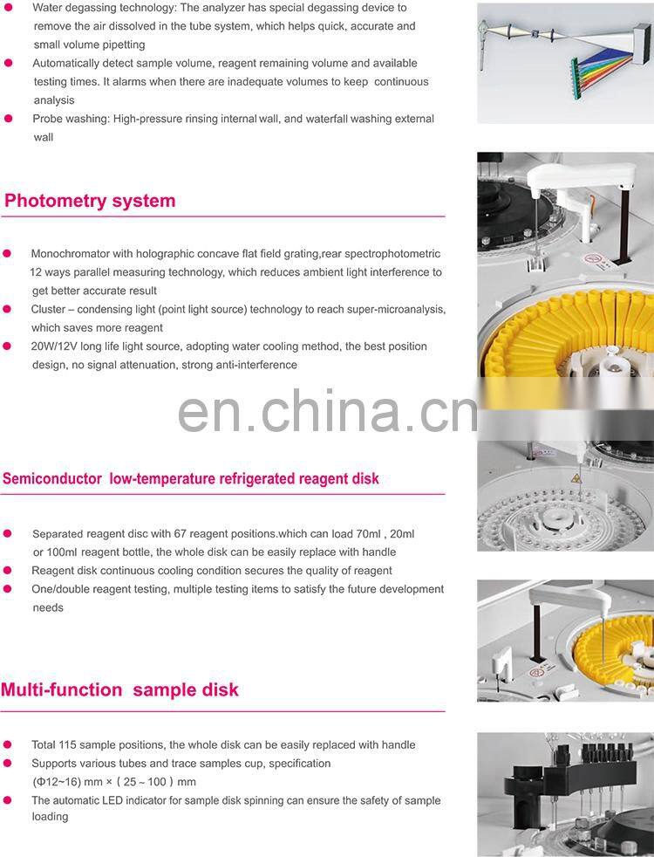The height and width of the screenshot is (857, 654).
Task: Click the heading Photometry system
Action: click(90, 201)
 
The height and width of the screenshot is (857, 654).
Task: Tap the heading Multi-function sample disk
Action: click(119, 689)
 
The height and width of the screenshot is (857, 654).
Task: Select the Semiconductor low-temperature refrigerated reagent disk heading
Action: click(191, 478)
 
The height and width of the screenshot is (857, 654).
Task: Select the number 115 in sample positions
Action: click(69, 745)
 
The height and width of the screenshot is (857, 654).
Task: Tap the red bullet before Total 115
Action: click(8, 745)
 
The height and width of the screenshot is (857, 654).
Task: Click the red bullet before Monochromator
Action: click(8, 254)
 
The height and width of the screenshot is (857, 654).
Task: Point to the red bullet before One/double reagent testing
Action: click(8, 589)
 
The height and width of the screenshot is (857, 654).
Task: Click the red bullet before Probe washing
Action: click(9, 119)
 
